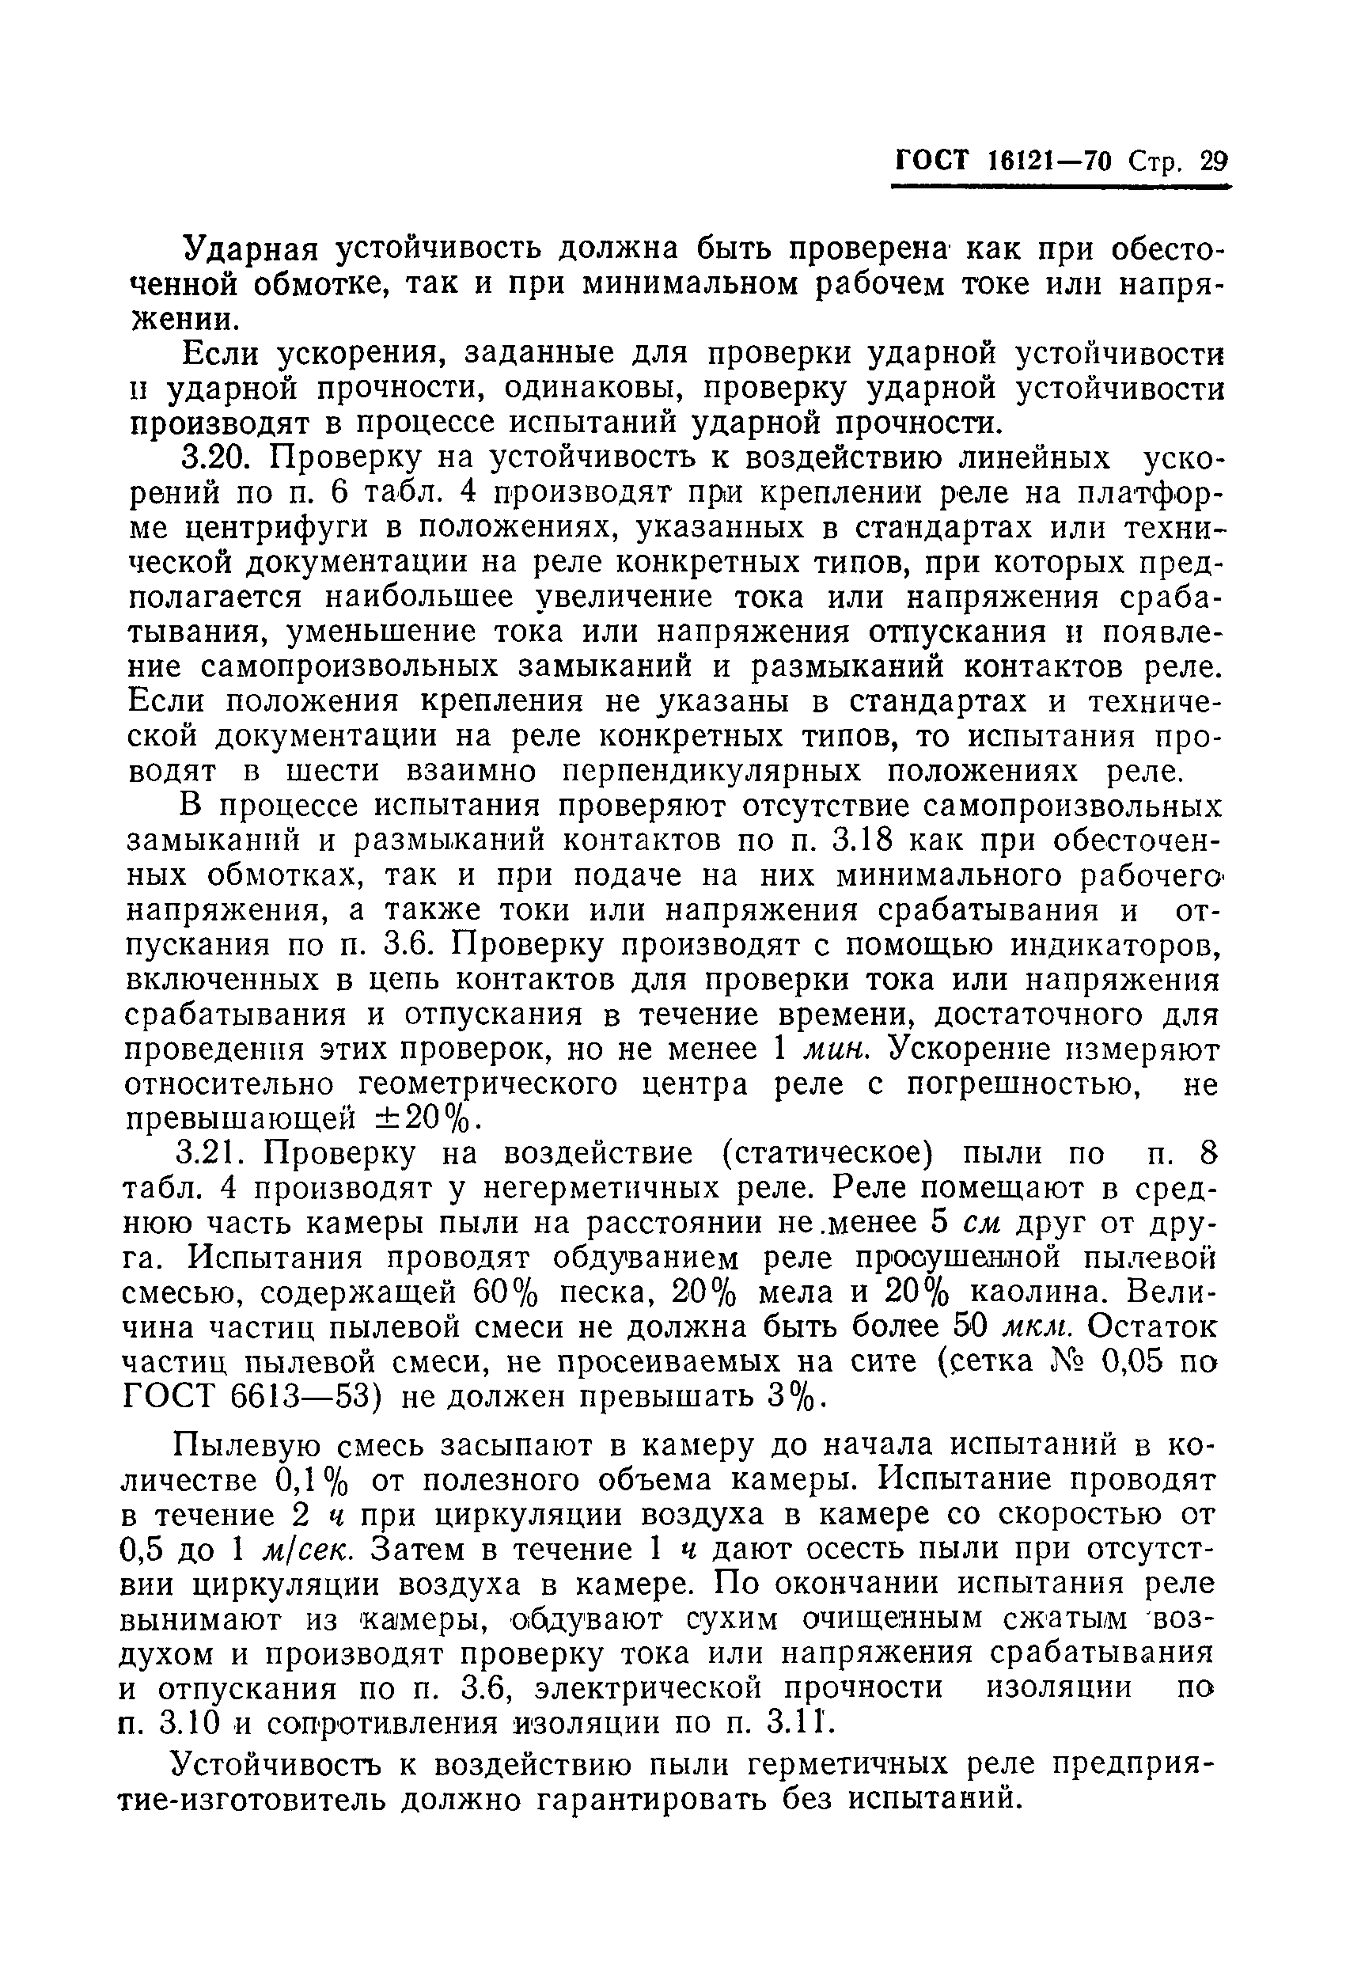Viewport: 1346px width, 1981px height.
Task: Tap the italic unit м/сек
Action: click(301, 1550)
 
